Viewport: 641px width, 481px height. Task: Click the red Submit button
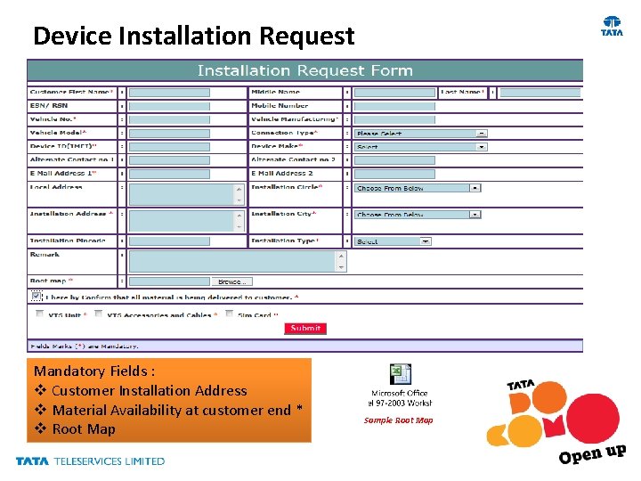click(x=305, y=328)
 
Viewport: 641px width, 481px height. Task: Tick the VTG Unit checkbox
click(x=39, y=314)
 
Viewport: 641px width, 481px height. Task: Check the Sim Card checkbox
click(x=230, y=314)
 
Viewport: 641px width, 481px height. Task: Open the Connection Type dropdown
click(x=420, y=133)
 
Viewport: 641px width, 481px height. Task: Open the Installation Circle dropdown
click(x=418, y=188)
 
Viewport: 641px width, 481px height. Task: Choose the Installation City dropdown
click(x=418, y=214)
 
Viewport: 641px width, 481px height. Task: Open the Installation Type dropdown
click(x=393, y=240)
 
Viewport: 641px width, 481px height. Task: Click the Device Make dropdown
click(x=420, y=146)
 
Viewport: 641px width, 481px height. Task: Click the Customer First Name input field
click(x=169, y=92)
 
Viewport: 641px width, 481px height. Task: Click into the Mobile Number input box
click(x=394, y=105)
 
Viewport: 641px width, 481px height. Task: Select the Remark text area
click(x=237, y=260)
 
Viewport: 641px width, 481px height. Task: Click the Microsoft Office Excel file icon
click(x=400, y=375)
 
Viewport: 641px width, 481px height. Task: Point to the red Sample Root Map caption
click(x=398, y=420)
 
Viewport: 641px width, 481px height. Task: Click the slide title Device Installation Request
click(x=193, y=36)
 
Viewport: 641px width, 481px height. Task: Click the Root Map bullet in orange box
click(x=84, y=429)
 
